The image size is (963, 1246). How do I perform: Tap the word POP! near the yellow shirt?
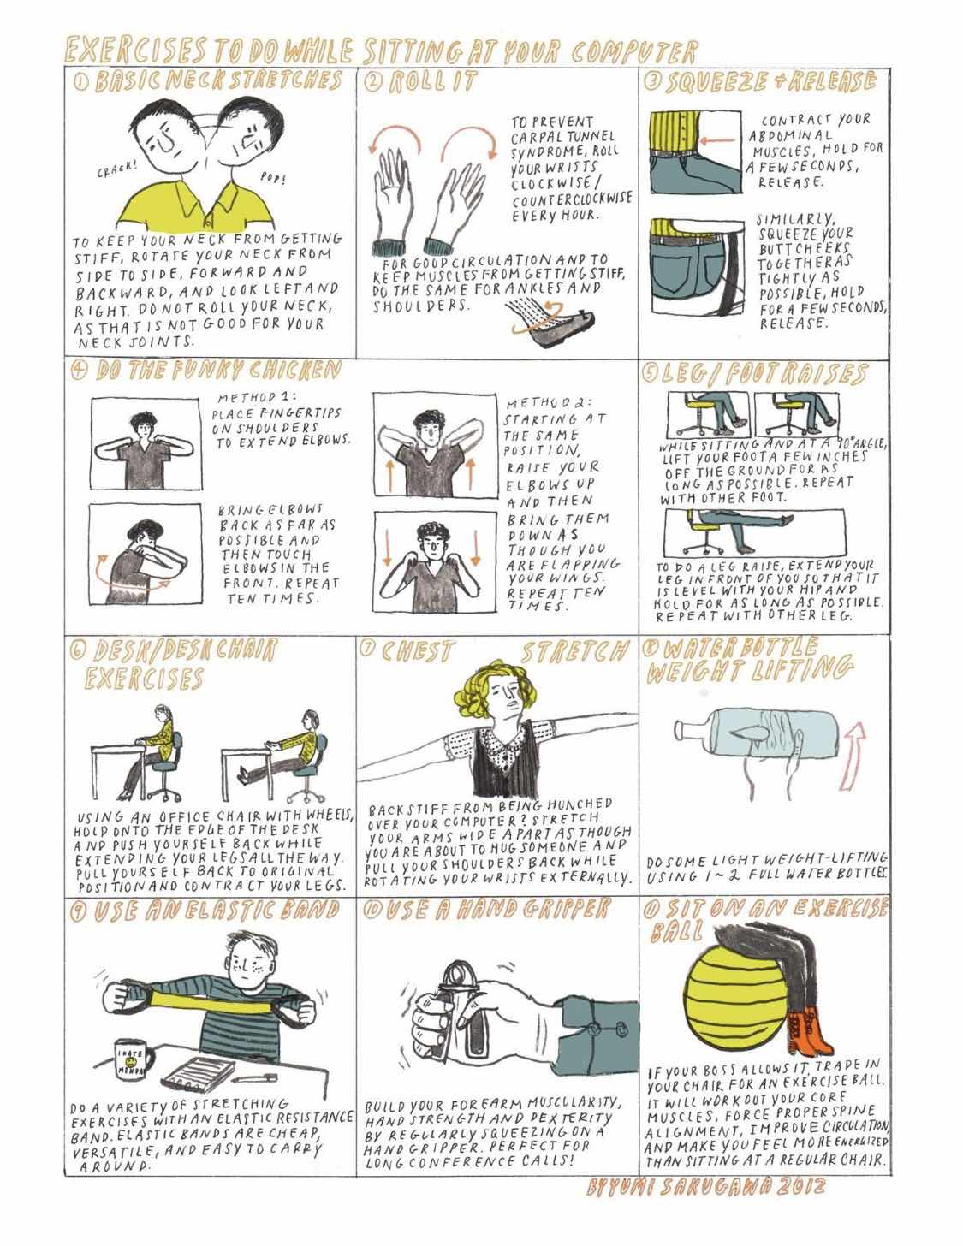(x=273, y=178)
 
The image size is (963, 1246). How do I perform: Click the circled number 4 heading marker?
(x=79, y=371)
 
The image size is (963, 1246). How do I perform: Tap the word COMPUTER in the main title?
(x=634, y=51)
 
